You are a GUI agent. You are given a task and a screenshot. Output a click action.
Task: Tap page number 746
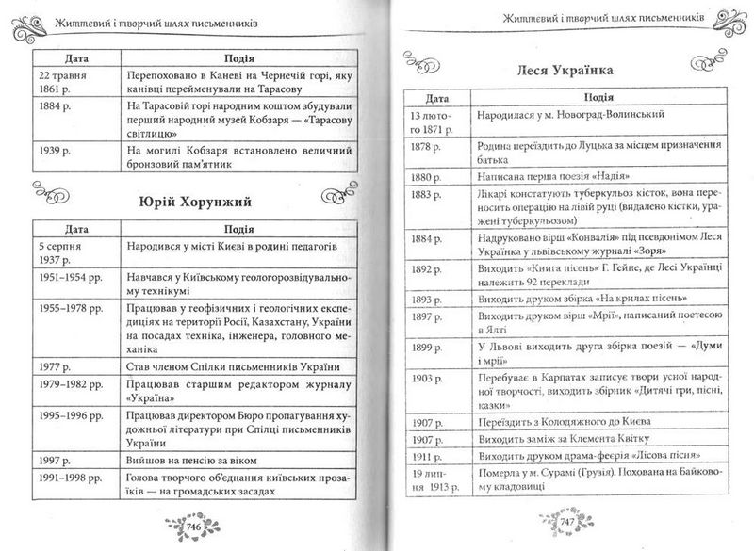point(197,525)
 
